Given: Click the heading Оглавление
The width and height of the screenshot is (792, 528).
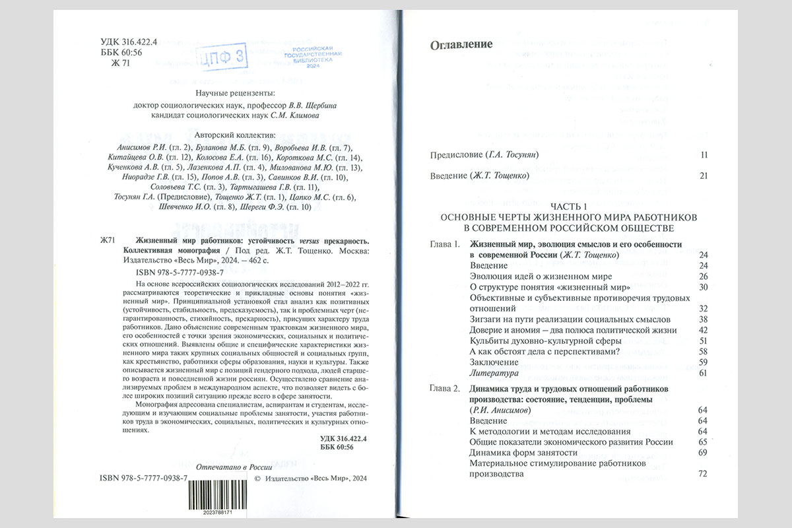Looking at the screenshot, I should pos(461,45).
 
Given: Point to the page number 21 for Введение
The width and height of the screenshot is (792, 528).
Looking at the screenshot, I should pos(704,176).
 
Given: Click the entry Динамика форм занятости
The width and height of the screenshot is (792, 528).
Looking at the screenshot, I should pos(523,453).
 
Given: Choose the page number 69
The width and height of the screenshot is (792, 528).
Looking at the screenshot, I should pos(702,453).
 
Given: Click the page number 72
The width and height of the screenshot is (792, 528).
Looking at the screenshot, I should pos(702,474).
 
